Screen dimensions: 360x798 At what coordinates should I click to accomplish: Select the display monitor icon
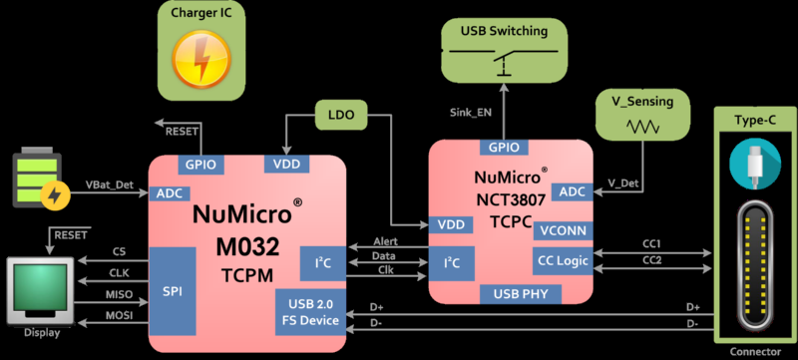coord(39,290)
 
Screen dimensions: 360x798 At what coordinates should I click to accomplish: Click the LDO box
coord(338,115)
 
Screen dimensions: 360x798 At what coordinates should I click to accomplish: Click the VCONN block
coord(563,230)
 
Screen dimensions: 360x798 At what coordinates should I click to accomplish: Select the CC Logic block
coord(563,260)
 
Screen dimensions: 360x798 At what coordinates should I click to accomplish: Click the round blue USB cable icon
coord(755,165)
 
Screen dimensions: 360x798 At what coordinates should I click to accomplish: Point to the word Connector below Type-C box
coord(755,351)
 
